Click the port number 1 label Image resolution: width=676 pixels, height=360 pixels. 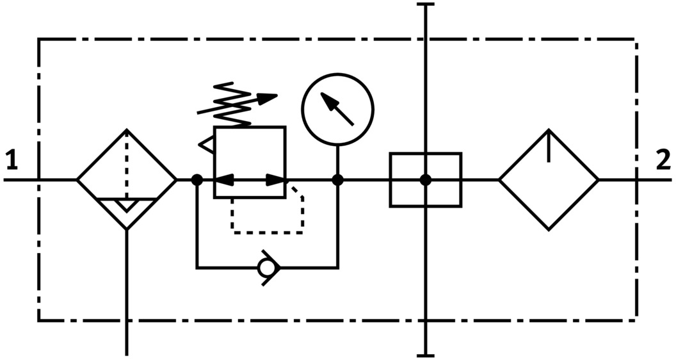click(12, 161)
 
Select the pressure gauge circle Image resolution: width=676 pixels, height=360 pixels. click(337, 108)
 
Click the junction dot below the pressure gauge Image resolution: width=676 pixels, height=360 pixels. click(337, 180)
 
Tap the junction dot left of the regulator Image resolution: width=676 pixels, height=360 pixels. click(197, 180)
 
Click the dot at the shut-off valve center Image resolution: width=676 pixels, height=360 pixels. click(425, 180)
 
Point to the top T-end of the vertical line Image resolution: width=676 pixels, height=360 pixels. click(425, 4)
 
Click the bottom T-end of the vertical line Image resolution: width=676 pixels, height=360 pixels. click(425, 354)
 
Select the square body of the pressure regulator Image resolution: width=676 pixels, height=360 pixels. click(250, 147)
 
